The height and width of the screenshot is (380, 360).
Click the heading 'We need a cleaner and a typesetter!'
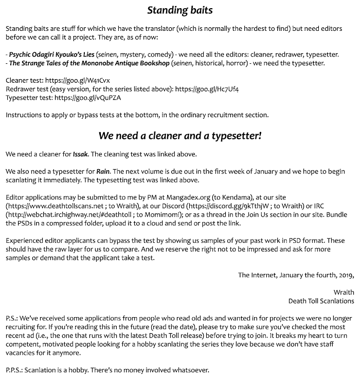(x=179, y=136)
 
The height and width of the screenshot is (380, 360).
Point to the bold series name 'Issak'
(x=81, y=154)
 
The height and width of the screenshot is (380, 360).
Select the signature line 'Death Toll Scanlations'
(x=321, y=300)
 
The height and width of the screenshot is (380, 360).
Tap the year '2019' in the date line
(x=345, y=275)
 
